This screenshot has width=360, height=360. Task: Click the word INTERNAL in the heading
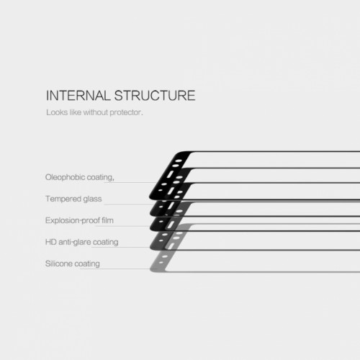click(78, 95)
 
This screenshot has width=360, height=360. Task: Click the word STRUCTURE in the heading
click(155, 95)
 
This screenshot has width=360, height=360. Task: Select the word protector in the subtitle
click(125, 112)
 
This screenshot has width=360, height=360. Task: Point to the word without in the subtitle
click(96, 112)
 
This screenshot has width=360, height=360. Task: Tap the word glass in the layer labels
click(92, 199)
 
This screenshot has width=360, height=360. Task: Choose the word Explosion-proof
click(73, 220)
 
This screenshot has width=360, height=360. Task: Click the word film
click(107, 220)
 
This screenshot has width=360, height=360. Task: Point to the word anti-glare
click(75, 242)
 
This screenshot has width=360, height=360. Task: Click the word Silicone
click(59, 264)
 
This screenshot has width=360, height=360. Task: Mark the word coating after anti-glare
click(106, 242)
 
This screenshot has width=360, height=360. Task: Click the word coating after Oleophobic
click(100, 178)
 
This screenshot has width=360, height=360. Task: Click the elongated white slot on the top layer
click(170, 174)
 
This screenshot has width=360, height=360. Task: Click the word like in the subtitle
click(76, 112)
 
